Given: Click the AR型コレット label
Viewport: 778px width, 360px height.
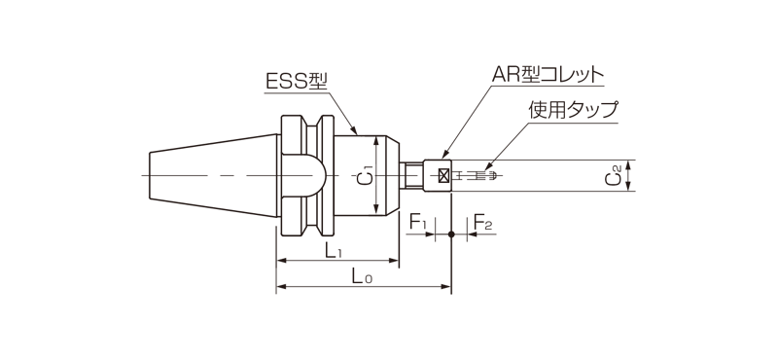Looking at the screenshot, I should click(x=548, y=75).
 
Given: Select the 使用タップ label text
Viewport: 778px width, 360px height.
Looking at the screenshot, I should click(x=573, y=110).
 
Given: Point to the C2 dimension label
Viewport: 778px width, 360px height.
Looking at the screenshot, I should click(x=614, y=176).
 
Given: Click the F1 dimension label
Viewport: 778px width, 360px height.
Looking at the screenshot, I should click(x=419, y=224).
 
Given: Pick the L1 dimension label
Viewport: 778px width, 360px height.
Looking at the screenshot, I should click(x=334, y=251).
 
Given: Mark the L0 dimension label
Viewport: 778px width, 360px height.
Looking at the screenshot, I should click(x=361, y=277).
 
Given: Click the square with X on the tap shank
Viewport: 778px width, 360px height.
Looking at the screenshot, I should click(x=445, y=176).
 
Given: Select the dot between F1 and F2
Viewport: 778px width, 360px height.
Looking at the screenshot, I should click(x=451, y=234).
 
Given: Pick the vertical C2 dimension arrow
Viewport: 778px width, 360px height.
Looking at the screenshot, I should click(x=629, y=176).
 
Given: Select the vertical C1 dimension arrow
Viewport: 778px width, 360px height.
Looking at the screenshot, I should click(x=378, y=176).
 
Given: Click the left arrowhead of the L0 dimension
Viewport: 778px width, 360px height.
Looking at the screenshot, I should click(x=282, y=288).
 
